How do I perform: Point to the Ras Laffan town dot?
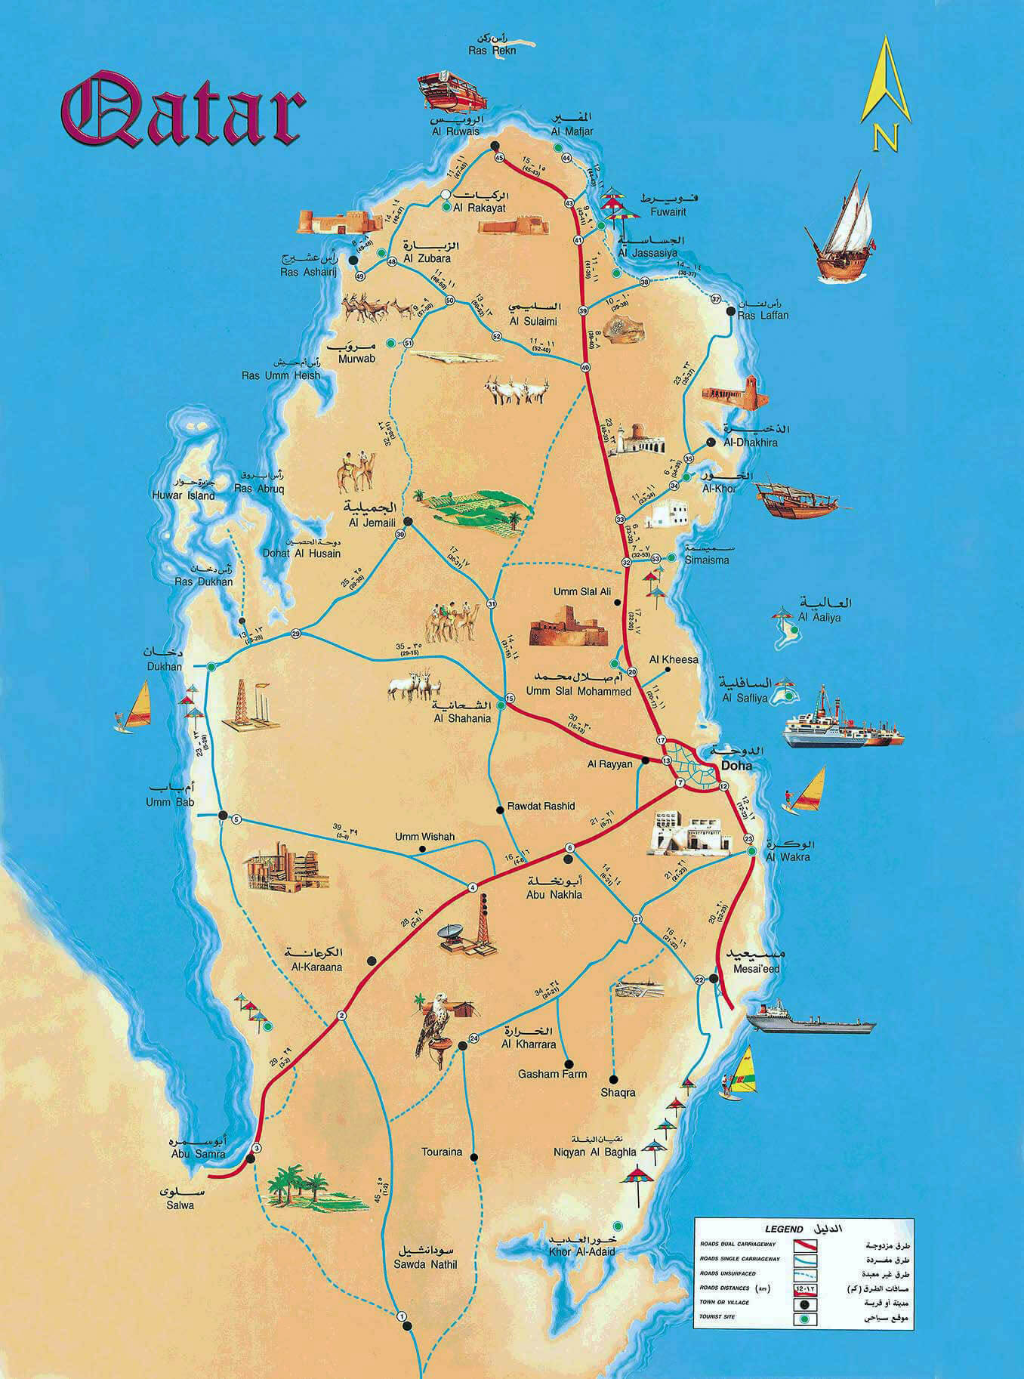pos(730,311)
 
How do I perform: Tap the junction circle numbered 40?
pos(585,367)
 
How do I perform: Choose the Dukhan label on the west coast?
pos(165,667)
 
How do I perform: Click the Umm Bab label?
pos(169,802)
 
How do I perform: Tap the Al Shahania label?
pos(462,718)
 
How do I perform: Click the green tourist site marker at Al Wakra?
pos(751,851)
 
